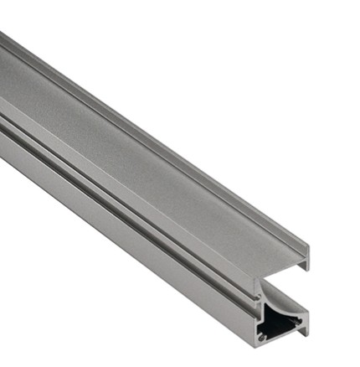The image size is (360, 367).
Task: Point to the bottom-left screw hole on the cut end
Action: pos(262,336)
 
